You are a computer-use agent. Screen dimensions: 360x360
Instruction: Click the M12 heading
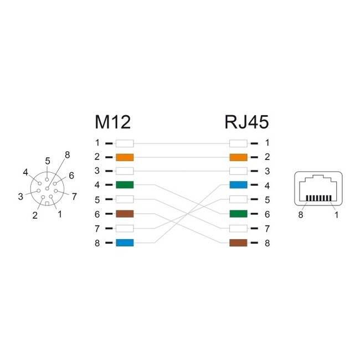click(x=112, y=122)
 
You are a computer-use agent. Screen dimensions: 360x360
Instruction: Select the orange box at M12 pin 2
click(x=125, y=157)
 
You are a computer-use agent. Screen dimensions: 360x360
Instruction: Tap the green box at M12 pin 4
click(x=125, y=185)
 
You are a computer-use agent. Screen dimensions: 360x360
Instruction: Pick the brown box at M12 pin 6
click(x=125, y=214)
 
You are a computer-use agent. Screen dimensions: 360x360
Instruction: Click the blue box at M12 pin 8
click(x=125, y=243)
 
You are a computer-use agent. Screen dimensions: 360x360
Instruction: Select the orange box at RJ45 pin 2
click(x=238, y=157)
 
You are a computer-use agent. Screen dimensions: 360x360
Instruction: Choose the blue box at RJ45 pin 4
click(x=238, y=185)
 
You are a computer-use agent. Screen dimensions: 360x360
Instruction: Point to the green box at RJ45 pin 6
click(x=238, y=214)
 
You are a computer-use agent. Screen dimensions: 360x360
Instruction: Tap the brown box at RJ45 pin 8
click(x=238, y=243)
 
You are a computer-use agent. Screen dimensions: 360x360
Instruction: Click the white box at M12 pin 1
click(x=125, y=142)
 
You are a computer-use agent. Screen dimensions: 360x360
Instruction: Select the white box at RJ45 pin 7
click(x=238, y=228)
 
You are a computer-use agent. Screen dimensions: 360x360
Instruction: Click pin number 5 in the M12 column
click(x=97, y=199)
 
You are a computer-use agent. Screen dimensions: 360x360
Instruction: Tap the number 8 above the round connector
click(x=67, y=155)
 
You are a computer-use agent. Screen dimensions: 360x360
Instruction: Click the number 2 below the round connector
click(x=35, y=216)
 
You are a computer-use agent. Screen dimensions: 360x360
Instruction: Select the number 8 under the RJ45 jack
click(x=301, y=215)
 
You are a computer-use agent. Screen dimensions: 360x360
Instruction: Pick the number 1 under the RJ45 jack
click(x=336, y=215)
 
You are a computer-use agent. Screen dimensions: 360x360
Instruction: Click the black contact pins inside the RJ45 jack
click(x=318, y=198)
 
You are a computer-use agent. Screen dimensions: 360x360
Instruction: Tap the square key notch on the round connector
click(x=48, y=203)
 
